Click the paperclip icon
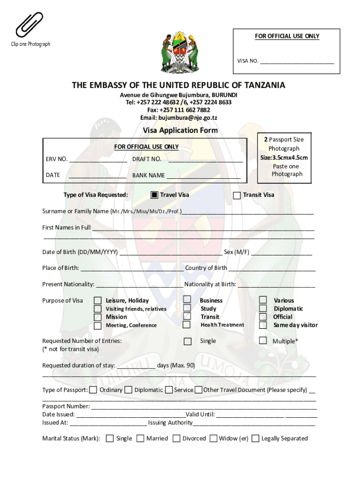[29, 25]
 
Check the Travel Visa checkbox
[154, 195]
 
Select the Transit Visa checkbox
[237, 195]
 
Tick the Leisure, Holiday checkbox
[98, 301]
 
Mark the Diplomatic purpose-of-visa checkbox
[263, 308]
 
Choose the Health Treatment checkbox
[187, 325]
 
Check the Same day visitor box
[263, 325]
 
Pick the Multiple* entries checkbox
[263, 341]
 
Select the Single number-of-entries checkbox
[187, 341]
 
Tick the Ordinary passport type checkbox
[94, 390]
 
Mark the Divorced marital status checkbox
[176, 438]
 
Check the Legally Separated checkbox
[256, 438]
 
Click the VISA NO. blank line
[297, 61]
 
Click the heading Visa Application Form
[180, 131]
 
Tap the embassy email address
[179, 118]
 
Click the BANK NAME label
[149, 175]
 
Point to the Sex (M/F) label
[236, 252]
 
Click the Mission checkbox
[98, 317]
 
